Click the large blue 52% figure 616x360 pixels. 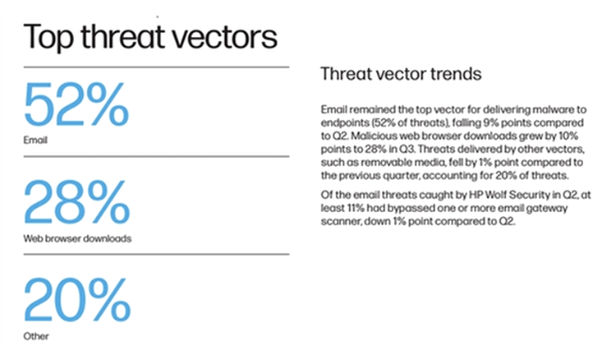click(x=76, y=104)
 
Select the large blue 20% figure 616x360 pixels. click(x=77, y=299)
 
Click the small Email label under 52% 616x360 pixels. click(x=35, y=140)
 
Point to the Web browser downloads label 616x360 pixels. click(x=77, y=238)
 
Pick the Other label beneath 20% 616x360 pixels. click(x=36, y=336)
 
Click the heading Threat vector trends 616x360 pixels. click(x=401, y=74)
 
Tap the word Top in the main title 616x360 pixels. click(x=48, y=37)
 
